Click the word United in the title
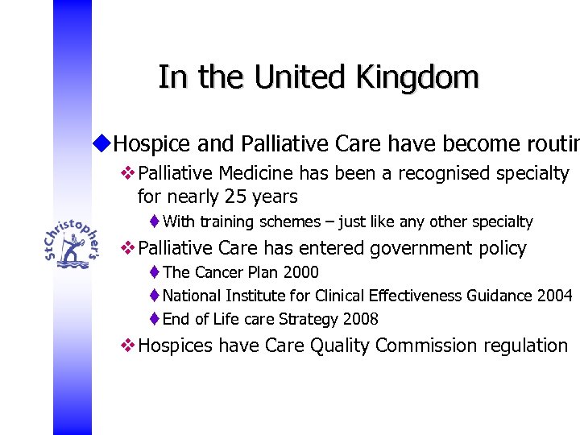(x=293, y=77)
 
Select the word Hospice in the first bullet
(x=152, y=144)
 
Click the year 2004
(x=554, y=296)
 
